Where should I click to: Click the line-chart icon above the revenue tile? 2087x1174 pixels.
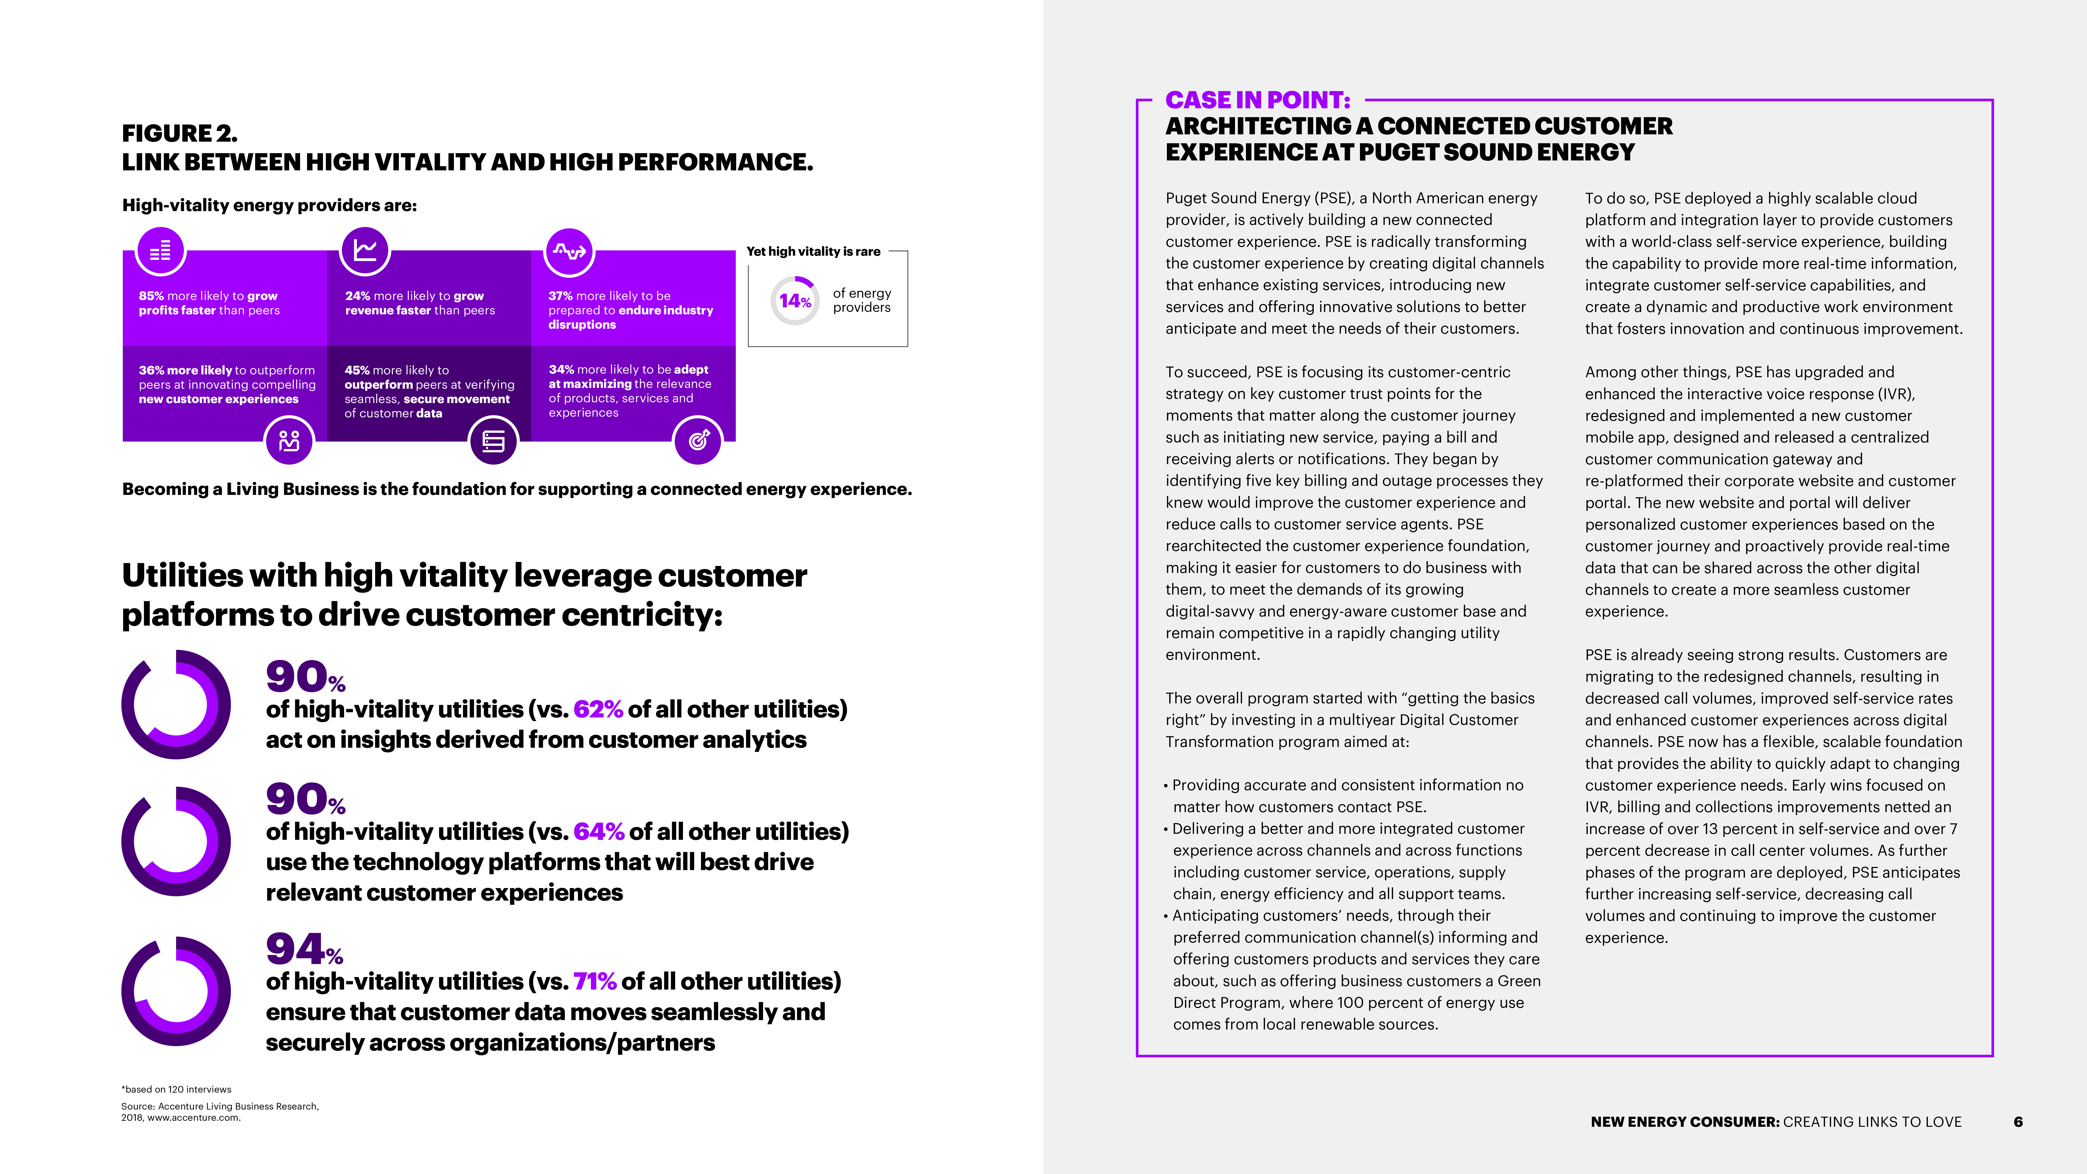pyautogui.click(x=365, y=250)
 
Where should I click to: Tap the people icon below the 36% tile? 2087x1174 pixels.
pyautogui.click(x=289, y=440)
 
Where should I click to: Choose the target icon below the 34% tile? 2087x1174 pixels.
pyautogui.click(x=698, y=440)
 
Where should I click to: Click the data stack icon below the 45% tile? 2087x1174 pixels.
pyautogui.click(x=493, y=440)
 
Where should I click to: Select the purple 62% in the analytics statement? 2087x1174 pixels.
pyautogui.click(x=598, y=710)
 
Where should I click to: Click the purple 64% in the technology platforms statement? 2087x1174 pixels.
pyautogui.click(x=599, y=832)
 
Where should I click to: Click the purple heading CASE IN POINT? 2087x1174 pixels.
pyautogui.click(x=1257, y=100)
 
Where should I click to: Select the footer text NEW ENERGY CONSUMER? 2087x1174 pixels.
pyautogui.click(x=1684, y=1122)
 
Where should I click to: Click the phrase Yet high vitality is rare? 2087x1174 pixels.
pyautogui.click(x=813, y=252)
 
